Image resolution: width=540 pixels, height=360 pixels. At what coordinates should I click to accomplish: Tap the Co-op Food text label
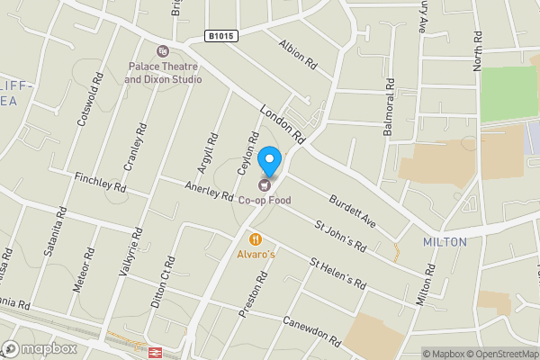[265, 200]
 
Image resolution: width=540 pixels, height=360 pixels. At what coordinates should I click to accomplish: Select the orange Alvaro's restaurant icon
[256, 239]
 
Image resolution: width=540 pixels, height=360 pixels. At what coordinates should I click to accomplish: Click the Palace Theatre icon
[162, 52]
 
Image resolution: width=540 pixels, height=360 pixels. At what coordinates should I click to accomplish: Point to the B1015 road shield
[220, 36]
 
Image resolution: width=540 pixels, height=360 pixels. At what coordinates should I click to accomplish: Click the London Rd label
[283, 125]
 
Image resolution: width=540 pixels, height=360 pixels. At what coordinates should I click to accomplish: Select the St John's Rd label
[339, 234]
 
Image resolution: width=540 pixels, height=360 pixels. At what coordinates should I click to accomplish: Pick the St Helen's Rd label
[337, 274]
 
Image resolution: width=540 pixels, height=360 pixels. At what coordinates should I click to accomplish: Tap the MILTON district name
[445, 242]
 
